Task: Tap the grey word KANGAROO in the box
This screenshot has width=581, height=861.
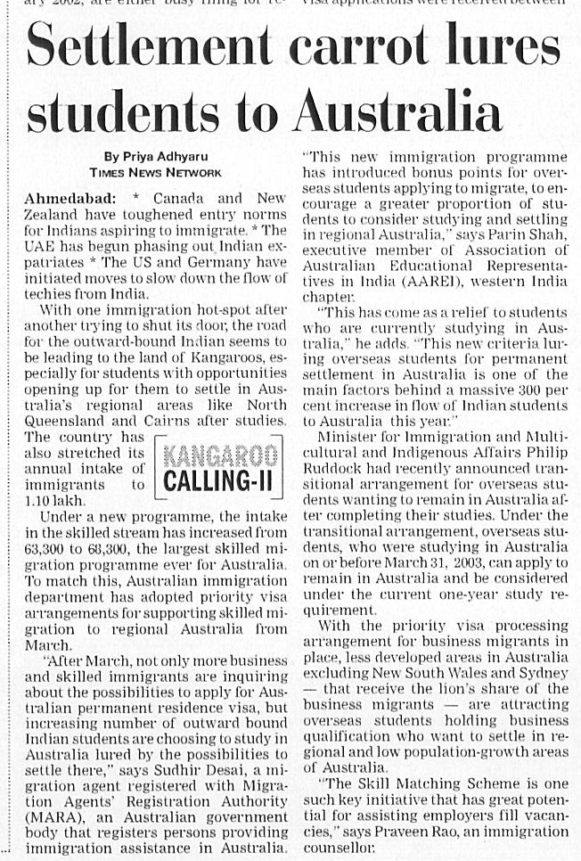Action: tap(220, 456)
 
